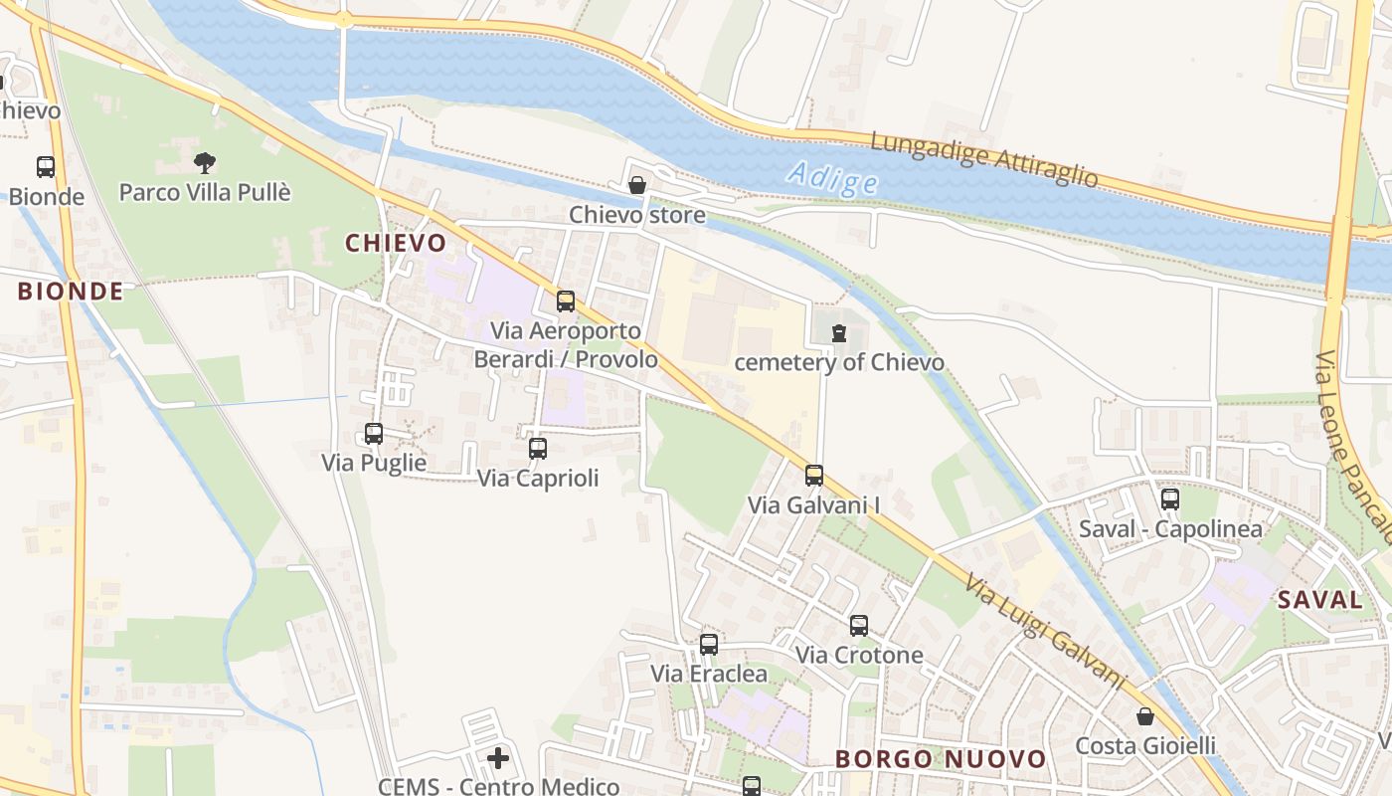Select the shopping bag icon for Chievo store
pos(637,185)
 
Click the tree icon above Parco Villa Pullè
pos(205,161)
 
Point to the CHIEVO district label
pos(396,243)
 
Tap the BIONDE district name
pos(71,292)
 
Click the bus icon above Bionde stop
pos(46,166)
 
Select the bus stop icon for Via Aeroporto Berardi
pos(566,300)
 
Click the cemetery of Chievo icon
pos(839,333)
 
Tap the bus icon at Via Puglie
pos(374,434)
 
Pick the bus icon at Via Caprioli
pos(538,449)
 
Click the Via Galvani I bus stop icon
pos(814,476)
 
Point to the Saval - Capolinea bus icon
pos(1170,499)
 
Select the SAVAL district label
pos(1319,599)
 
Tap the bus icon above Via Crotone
pos(859,626)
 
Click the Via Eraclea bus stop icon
pos(709,645)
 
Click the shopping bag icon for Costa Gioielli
pos(1145,716)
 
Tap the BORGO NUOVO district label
pos(941,759)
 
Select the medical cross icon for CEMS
pos(498,759)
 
